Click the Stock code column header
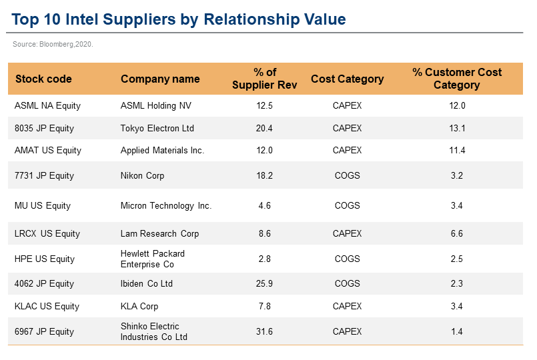click(x=43, y=79)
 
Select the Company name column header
click(x=160, y=79)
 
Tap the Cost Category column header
click(x=347, y=79)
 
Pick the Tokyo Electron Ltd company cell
click(x=157, y=128)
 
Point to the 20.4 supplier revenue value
click(x=265, y=128)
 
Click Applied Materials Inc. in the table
click(x=162, y=151)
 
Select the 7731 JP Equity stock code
click(x=44, y=176)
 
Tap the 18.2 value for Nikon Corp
click(x=265, y=176)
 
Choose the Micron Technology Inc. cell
click(x=166, y=205)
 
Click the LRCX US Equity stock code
click(x=47, y=233)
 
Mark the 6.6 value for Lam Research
click(x=457, y=233)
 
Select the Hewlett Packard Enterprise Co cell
click(x=153, y=259)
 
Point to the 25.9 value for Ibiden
click(x=265, y=284)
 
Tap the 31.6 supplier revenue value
click(x=265, y=331)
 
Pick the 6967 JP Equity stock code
click(x=44, y=331)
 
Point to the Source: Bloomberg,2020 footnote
click(x=53, y=44)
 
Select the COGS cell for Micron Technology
click(x=347, y=205)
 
